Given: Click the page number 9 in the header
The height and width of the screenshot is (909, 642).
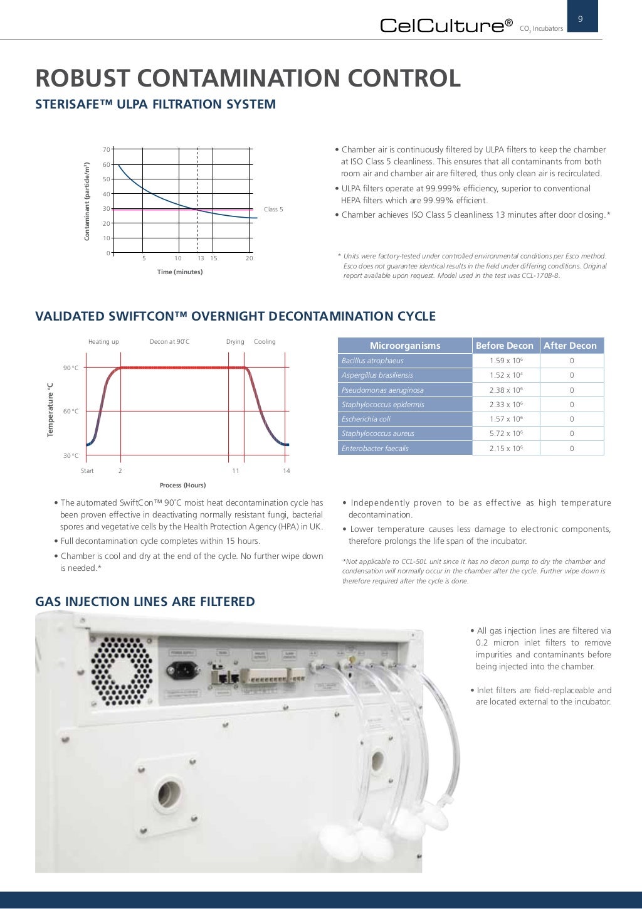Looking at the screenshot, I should (580, 19).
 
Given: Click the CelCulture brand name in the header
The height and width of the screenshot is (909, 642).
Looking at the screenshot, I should (446, 26).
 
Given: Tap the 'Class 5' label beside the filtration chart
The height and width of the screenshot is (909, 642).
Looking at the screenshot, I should (273, 210).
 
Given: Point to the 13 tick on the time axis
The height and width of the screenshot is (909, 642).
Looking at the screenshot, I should (201, 258).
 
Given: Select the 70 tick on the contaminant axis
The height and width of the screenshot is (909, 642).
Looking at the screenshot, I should (107, 149).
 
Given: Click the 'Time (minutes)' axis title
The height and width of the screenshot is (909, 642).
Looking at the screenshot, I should (180, 272).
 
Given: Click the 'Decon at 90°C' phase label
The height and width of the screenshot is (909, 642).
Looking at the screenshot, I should (169, 342).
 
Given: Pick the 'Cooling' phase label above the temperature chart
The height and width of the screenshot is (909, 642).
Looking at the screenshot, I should (265, 342).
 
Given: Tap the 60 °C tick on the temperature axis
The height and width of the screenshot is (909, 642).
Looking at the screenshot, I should (71, 412).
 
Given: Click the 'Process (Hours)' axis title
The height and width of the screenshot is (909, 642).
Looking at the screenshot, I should (182, 485).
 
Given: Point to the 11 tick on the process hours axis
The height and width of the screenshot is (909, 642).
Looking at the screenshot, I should (235, 471).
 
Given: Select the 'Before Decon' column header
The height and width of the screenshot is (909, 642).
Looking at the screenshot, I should (504, 346).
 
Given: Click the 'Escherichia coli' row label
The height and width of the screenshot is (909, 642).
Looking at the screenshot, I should (366, 419).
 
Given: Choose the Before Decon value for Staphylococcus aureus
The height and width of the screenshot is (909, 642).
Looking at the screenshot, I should (505, 433).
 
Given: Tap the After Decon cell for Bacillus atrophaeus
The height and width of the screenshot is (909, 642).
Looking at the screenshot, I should (571, 361).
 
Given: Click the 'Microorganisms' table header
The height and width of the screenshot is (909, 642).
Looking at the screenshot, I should (404, 346).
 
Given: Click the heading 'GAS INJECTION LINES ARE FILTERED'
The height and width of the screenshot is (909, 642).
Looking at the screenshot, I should (145, 602).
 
